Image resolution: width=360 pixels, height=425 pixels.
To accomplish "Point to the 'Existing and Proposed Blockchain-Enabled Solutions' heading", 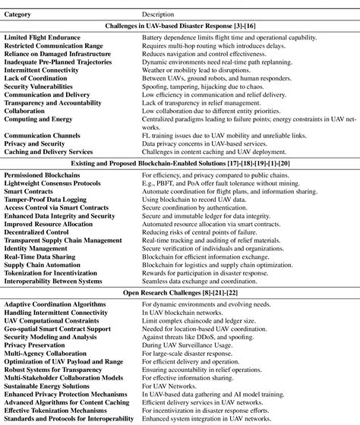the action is pos(179,163).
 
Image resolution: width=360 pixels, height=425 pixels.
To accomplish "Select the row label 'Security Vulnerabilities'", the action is pos(38,86).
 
